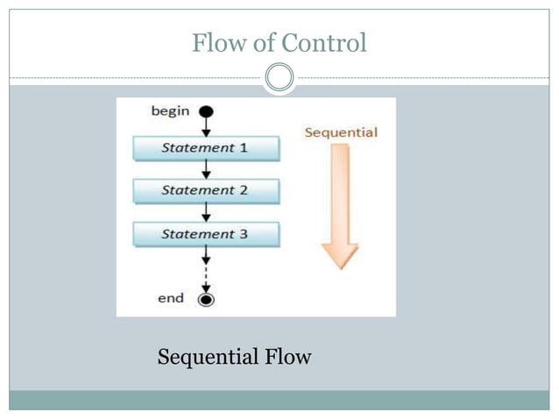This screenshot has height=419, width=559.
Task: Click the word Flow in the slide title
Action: coord(219,42)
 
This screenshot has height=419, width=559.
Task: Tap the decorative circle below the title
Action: coord(279,78)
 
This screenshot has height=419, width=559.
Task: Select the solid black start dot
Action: coord(206,111)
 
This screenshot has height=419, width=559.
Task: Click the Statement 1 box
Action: coord(206,147)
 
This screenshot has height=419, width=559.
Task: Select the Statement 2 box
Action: coord(206,190)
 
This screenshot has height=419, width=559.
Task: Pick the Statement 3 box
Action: coord(206,234)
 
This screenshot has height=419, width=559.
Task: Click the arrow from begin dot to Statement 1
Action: coord(206,127)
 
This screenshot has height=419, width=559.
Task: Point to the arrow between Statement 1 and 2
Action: coord(206,170)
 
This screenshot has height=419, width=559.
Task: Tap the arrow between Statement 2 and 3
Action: coord(206,213)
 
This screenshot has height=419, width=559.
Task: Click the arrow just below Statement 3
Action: coord(206,256)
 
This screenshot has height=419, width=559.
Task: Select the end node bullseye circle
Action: coord(206,299)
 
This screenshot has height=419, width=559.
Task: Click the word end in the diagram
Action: coord(171,298)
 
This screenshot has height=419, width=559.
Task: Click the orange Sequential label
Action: coord(341,132)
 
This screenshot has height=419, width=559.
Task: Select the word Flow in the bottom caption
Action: coord(286,358)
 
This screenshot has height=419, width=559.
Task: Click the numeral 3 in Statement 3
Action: coord(244,234)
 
